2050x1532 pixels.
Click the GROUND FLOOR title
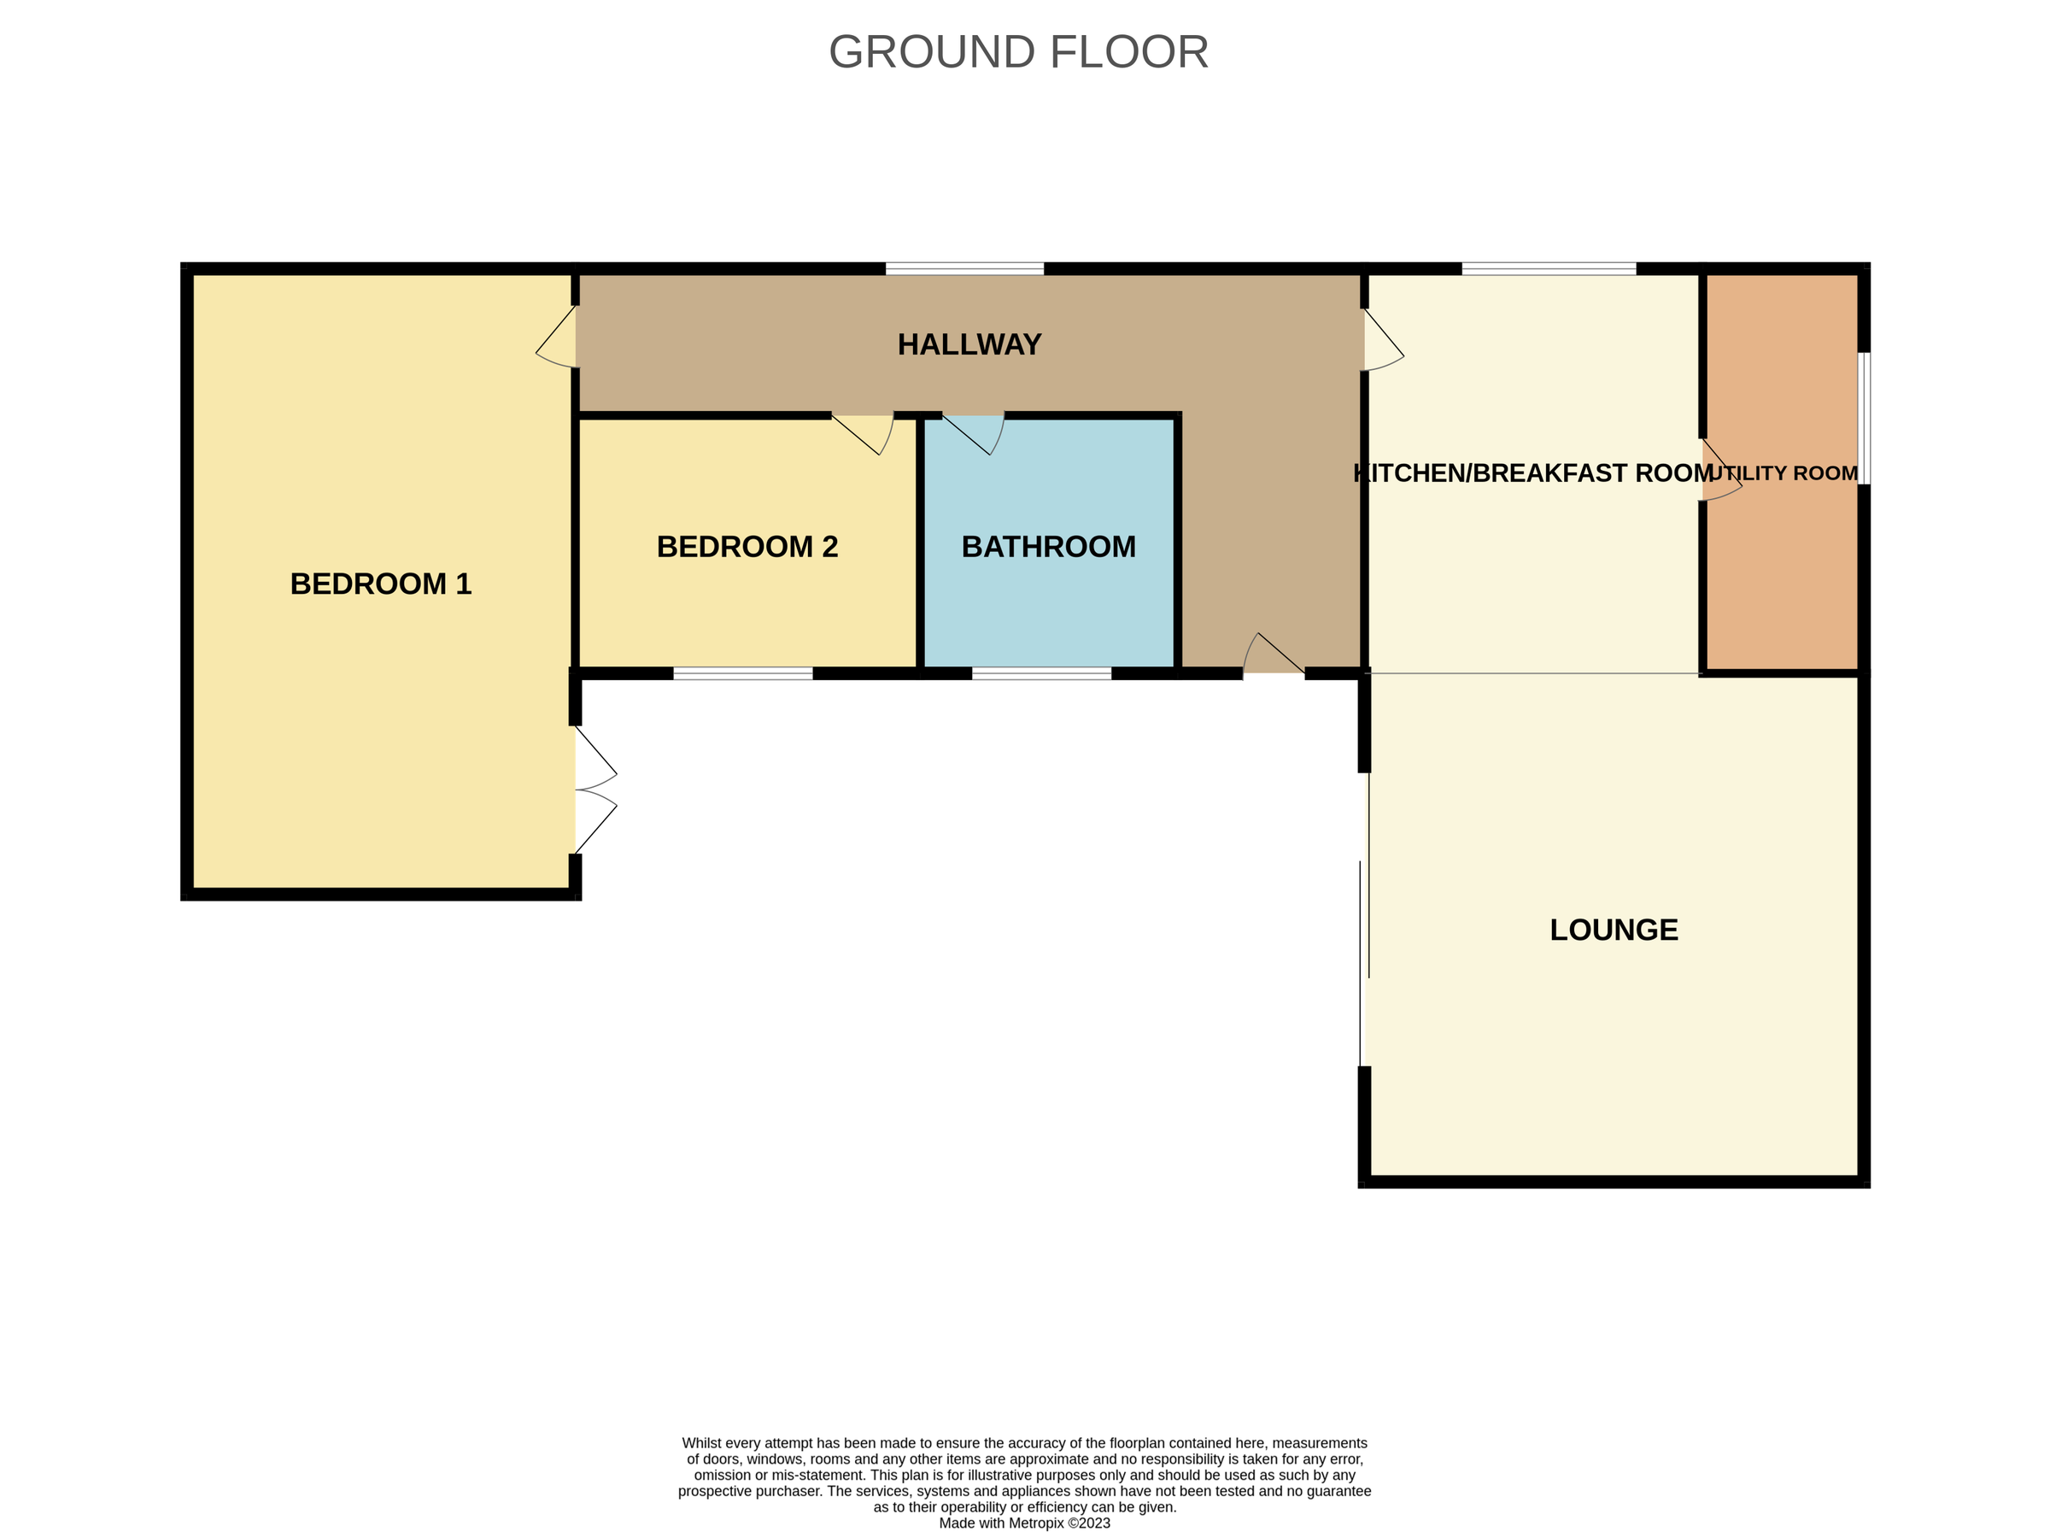tap(1017, 52)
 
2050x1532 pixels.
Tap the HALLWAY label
tap(969, 345)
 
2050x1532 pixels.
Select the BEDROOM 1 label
tap(381, 584)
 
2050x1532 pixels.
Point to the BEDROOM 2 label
tap(747, 547)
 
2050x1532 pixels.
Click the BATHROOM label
tap(1048, 547)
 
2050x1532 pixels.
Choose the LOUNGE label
tap(1614, 930)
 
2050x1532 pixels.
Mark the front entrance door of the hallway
tap(1272, 655)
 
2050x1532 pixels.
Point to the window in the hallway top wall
tap(963, 269)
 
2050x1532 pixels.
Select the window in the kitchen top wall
tap(1549, 269)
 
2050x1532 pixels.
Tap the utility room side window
tap(1864, 418)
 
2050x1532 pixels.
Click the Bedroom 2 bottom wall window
tap(742, 674)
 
